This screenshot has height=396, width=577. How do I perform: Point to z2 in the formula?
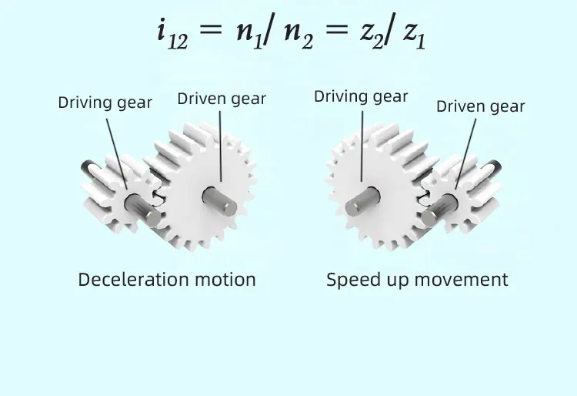tap(369, 34)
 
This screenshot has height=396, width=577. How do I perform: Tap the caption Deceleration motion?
tap(167, 279)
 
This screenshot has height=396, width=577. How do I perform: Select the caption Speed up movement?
tap(417, 279)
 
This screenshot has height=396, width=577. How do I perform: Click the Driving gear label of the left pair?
tap(105, 102)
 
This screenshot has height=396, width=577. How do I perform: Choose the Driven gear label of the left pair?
tap(222, 99)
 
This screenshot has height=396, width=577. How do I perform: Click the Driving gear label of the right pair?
tap(361, 96)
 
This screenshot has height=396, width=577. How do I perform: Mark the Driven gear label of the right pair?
tap(480, 106)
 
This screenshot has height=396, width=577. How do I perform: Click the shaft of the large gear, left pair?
tap(219, 199)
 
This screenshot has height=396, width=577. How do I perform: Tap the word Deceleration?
tap(132, 279)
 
